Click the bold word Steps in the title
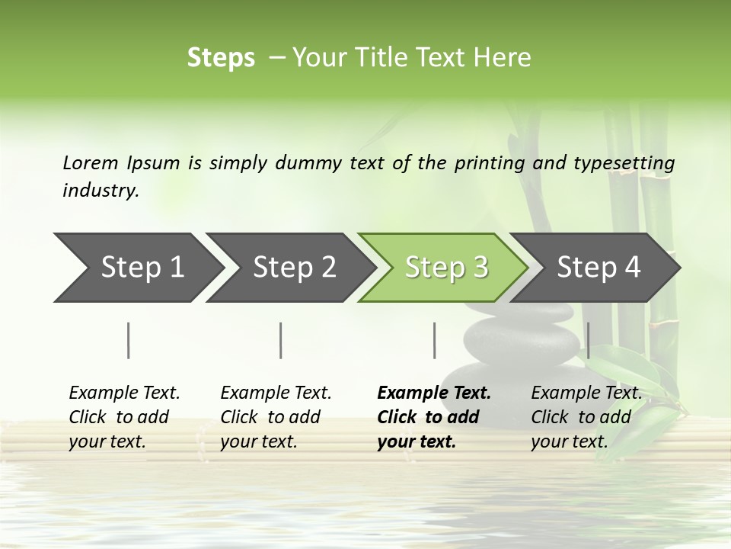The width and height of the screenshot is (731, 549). [221, 58]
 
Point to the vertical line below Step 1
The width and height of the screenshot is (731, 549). [129, 340]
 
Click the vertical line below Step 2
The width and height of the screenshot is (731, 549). [281, 340]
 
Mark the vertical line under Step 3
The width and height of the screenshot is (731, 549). [435, 340]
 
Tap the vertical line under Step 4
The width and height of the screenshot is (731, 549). [588, 340]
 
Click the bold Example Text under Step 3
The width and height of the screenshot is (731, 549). [434, 393]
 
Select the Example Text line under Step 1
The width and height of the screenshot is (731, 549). [124, 393]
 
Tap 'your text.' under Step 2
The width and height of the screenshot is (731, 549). [259, 441]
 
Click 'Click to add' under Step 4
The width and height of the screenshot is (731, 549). [581, 417]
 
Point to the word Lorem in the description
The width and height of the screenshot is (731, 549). [90, 162]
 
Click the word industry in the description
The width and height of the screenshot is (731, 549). [101, 191]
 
